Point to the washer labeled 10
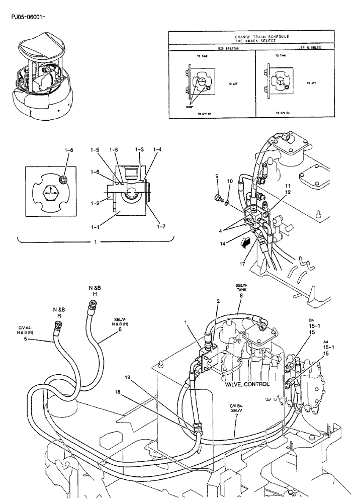coord(227,203)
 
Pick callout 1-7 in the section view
coord(161,227)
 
